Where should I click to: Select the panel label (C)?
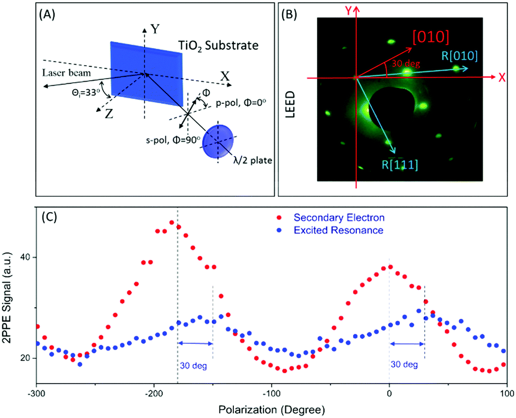pos(48,215)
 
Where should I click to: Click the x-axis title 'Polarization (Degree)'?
pos(271,410)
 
